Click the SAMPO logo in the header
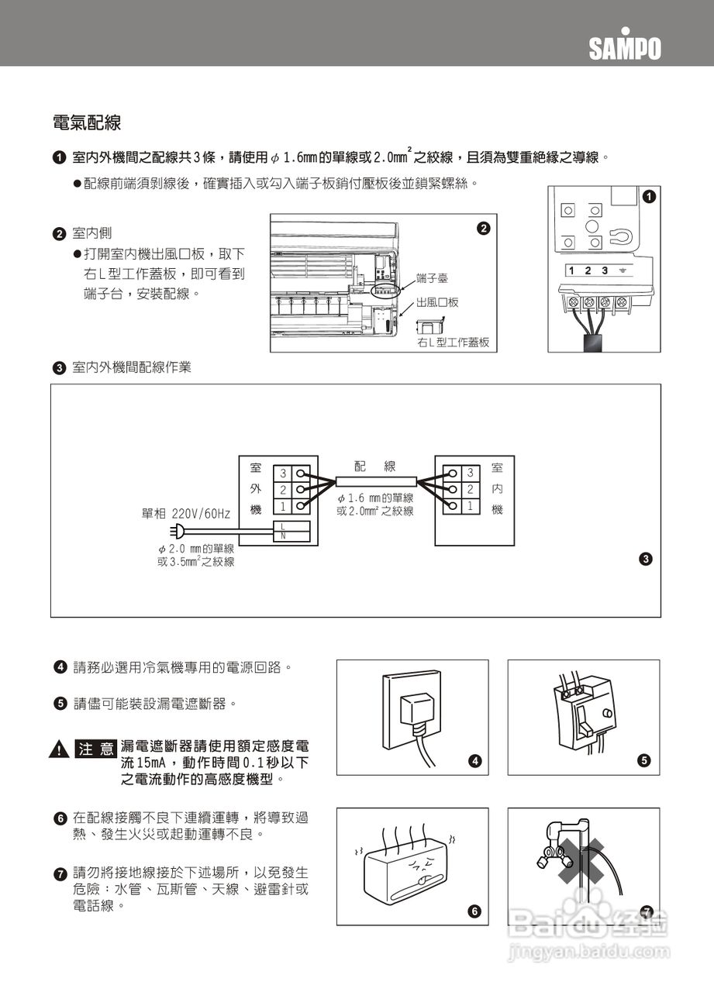pyautogui.click(x=624, y=49)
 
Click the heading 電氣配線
pyautogui.click(x=86, y=122)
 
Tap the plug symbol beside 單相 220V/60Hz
pyautogui.click(x=178, y=531)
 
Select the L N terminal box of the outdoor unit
pyautogui.click(x=294, y=531)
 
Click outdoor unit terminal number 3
pyautogui.click(x=283, y=473)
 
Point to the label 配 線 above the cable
pyautogui.click(x=375, y=467)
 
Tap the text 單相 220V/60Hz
pyautogui.click(x=186, y=514)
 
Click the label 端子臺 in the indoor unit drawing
pyautogui.click(x=432, y=277)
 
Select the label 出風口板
pyautogui.click(x=437, y=302)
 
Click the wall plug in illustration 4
pyautogui.click(x=416, y=710)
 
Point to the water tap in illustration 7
pyautogui.click(x=558, y=838)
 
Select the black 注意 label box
pyautogui.click(x=95, y=749)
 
